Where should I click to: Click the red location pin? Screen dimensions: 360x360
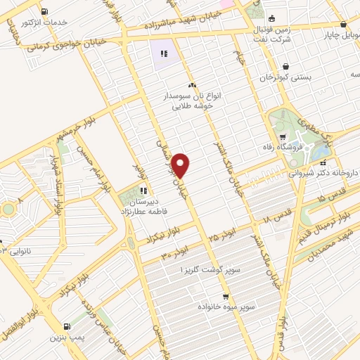coord(181,165)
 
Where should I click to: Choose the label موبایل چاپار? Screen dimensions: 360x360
coord(341,32)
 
